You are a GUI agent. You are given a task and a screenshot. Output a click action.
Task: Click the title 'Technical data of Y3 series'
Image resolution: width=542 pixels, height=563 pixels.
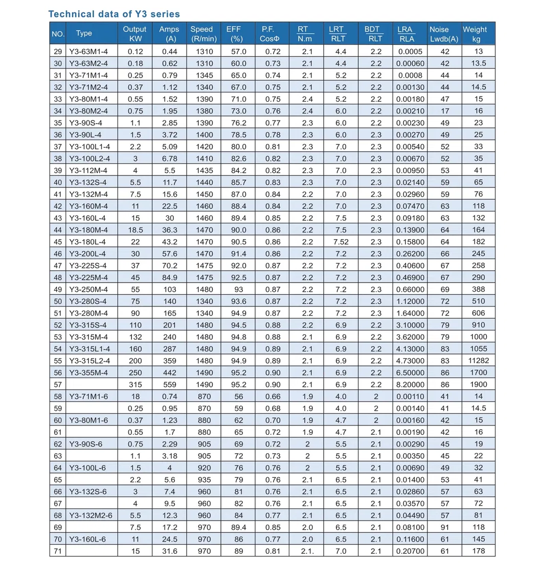coord(114,14)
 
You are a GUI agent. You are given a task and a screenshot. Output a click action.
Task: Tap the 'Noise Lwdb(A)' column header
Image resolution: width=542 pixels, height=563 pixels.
coord(444,34)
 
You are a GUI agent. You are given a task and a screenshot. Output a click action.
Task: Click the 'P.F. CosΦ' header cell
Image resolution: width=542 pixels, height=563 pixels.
coord(272,34)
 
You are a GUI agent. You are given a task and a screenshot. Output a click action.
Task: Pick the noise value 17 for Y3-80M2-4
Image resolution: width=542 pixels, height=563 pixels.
coord(445,111)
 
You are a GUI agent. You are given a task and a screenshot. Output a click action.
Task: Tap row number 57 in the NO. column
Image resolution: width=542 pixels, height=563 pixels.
coord(58,384)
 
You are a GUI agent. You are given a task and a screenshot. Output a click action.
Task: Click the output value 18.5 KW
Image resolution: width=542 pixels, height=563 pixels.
coord(134,230)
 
